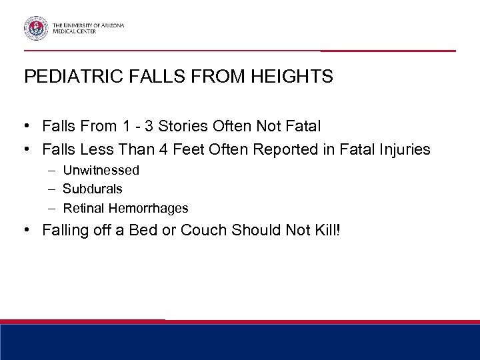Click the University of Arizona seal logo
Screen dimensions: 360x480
(35, 27)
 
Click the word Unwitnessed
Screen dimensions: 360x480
(101, 171)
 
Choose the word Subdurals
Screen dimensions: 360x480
(93, 189)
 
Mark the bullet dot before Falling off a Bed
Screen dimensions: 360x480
(28, 231)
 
